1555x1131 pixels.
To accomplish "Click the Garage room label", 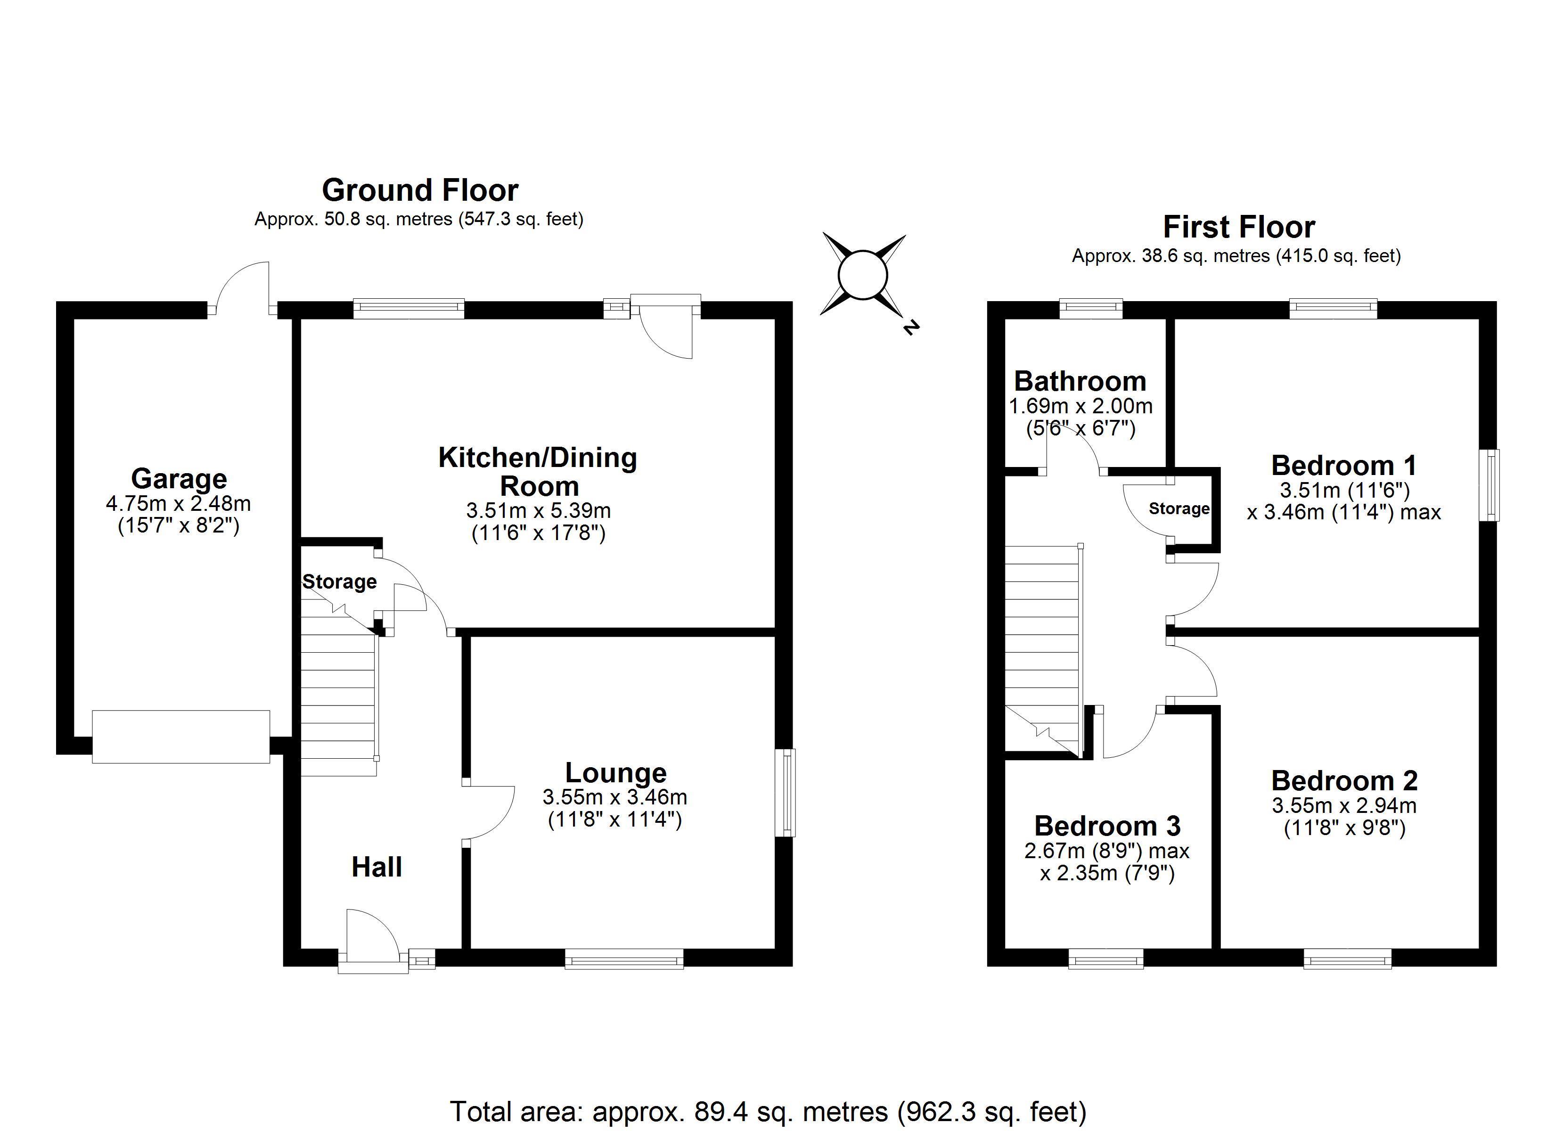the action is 179,479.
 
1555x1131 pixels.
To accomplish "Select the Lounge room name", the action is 616,773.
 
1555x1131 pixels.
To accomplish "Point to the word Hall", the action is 376,867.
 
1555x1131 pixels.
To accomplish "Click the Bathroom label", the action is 1080,381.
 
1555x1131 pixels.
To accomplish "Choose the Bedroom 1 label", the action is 1344,466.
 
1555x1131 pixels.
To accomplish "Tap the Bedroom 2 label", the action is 1344,780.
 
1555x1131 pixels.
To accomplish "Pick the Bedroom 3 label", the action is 1107,826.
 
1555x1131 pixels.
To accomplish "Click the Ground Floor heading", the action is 420,190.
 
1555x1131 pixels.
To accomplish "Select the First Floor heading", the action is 1239,227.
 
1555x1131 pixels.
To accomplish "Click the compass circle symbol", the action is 863,276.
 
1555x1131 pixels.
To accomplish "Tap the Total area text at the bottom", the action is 769,1111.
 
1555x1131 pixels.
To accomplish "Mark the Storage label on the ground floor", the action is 339,582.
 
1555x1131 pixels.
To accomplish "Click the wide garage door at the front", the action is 181,737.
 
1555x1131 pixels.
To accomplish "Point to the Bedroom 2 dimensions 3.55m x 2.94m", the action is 1344,805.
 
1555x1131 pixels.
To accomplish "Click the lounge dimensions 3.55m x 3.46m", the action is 615,797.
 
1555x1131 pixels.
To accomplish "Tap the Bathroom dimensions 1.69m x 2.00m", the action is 1080,406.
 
